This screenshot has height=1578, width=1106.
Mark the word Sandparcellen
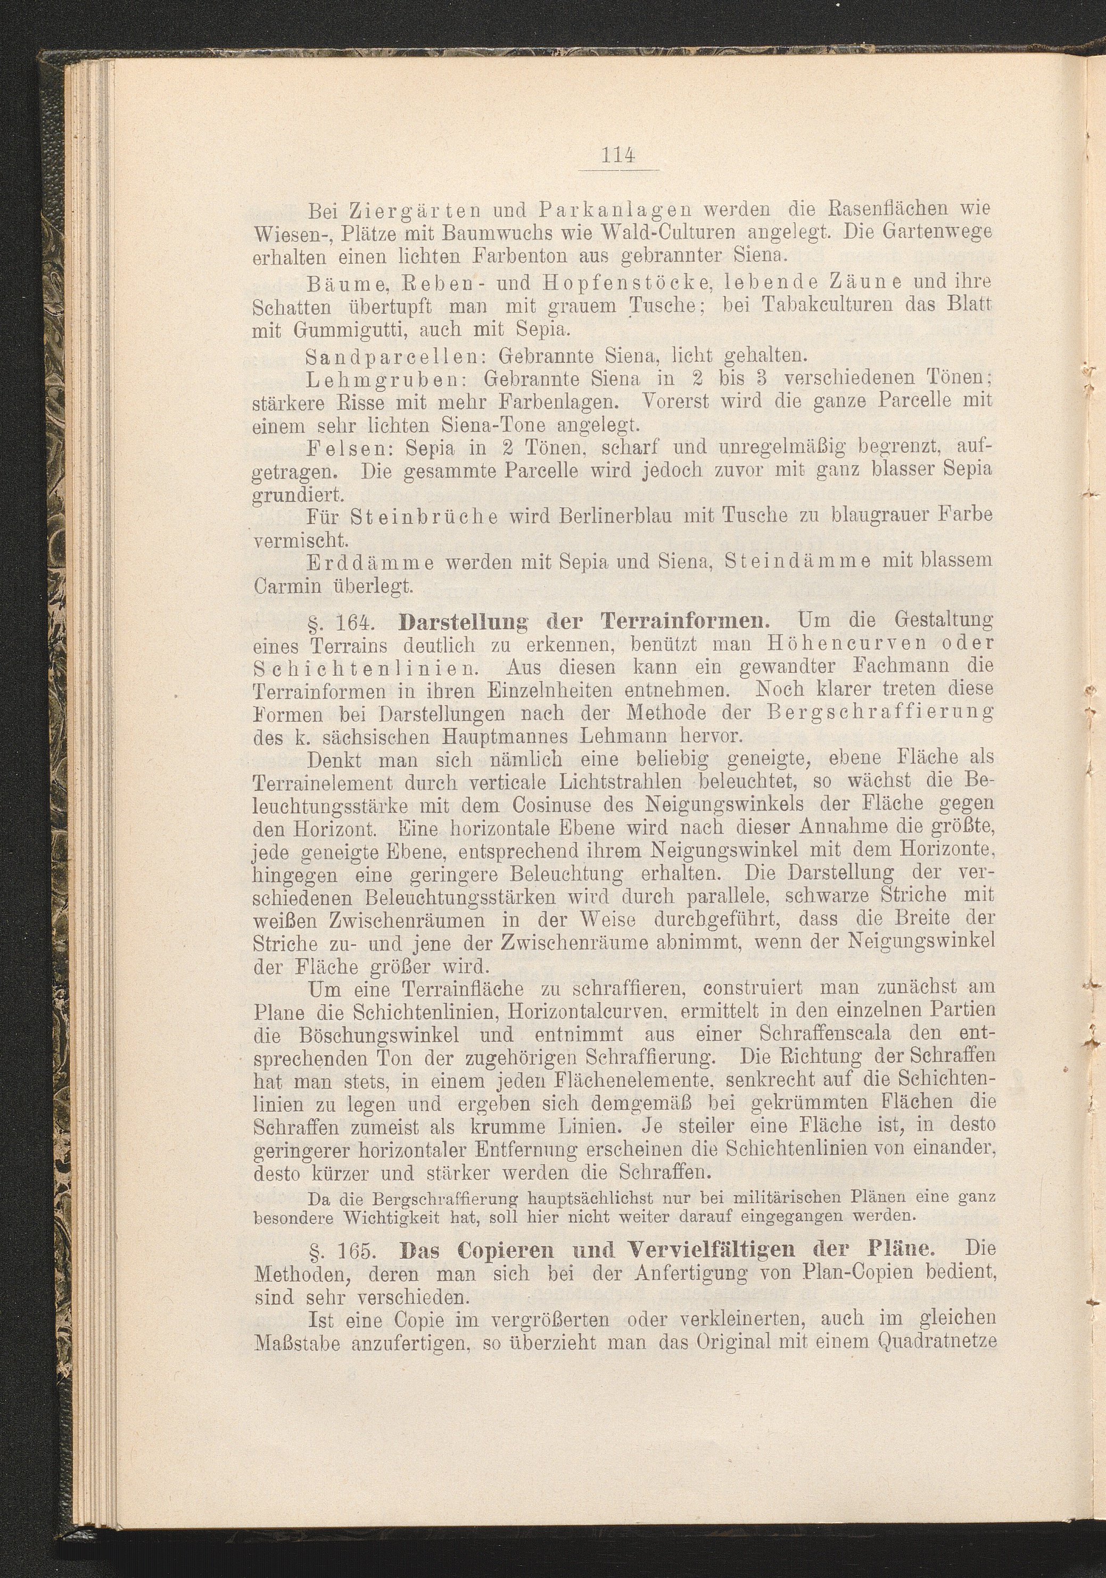point(394,356)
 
